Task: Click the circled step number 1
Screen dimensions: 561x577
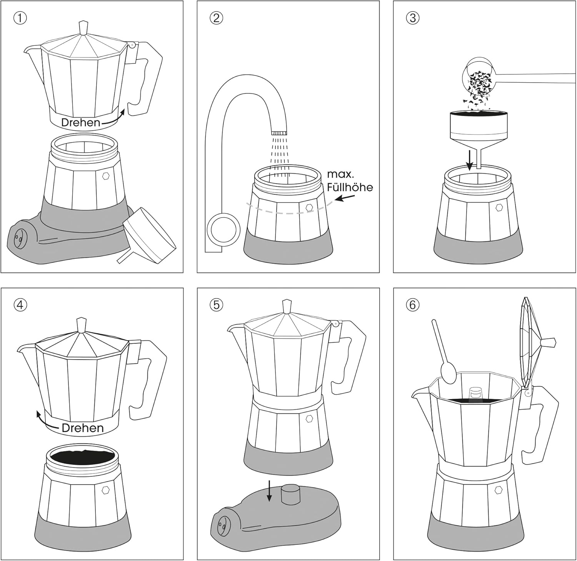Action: [20, 18]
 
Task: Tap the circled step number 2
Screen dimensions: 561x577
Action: [217, 18]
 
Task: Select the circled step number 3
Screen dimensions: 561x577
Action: [412, 18]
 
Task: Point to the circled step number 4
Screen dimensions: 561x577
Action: [20, 305]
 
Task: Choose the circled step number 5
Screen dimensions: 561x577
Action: [217, 305]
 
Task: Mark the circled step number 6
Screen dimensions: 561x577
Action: [412, 305]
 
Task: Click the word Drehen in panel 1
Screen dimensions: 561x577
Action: [81, 122]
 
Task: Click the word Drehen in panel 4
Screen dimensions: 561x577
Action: [82, 428]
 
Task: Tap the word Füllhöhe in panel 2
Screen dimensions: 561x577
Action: [350, 187]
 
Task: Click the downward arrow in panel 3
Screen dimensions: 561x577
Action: [469, 161]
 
